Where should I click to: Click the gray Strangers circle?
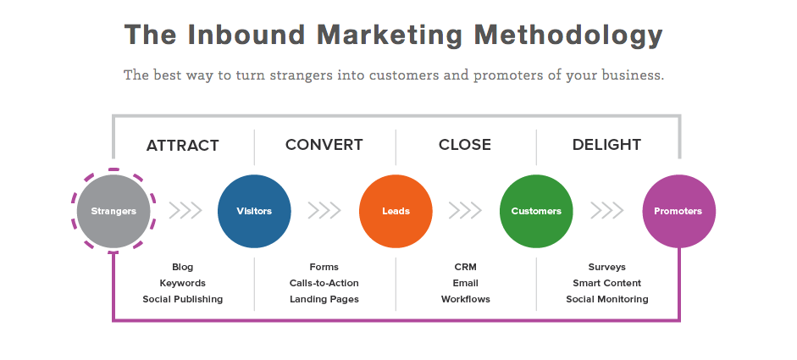click(113, 211)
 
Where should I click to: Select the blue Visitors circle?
click(254, 211)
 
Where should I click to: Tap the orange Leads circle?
click(396, 211)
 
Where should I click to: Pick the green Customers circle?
click(536, 211)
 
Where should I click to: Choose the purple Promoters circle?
click(678, 211)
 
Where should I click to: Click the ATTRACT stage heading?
click(183, 145)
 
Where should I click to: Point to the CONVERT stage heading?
click(324, 145)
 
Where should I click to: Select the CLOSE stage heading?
click(465, 145)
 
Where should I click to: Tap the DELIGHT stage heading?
click(606, 145)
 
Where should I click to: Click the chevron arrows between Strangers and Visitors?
click(185, 210)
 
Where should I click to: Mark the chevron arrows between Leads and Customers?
click(466, 210)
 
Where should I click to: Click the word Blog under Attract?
click(183, 267)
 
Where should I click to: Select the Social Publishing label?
click(183, 299)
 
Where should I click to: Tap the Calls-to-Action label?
click(324, 283)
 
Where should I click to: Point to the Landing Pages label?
click(324, 299)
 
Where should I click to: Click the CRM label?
click(465, 267)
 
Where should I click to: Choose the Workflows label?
click(465, 299)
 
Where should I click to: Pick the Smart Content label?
click(606, 283)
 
